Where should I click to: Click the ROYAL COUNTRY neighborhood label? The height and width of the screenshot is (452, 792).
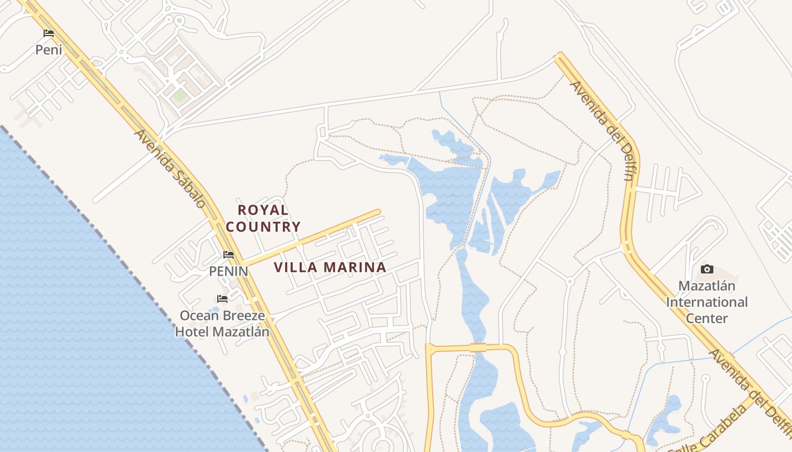[263, 219]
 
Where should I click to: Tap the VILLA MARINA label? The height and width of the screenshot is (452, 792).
[330, 268]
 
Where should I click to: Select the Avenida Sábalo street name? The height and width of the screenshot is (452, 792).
[170, 168]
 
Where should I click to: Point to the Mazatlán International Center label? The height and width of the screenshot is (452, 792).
[707, 302]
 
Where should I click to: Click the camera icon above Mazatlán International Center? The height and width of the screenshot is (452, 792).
[707, 270]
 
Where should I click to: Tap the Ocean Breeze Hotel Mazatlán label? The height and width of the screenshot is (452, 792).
[222, 323]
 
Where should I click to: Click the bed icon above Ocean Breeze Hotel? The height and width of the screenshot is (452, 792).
[222, 298]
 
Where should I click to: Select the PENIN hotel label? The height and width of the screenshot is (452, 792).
[229, 271]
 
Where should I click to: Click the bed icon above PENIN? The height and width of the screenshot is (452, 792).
[229, 255]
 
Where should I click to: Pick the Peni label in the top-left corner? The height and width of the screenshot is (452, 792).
[49, 50]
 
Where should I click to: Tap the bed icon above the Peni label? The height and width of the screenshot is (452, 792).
[49, 33]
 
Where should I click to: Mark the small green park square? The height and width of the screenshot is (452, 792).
[180, 95]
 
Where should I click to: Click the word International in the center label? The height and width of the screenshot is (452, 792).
[707, 302]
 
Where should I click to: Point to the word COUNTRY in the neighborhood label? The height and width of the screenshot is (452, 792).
[263, 227]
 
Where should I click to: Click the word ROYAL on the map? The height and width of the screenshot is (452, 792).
[263, 210]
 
